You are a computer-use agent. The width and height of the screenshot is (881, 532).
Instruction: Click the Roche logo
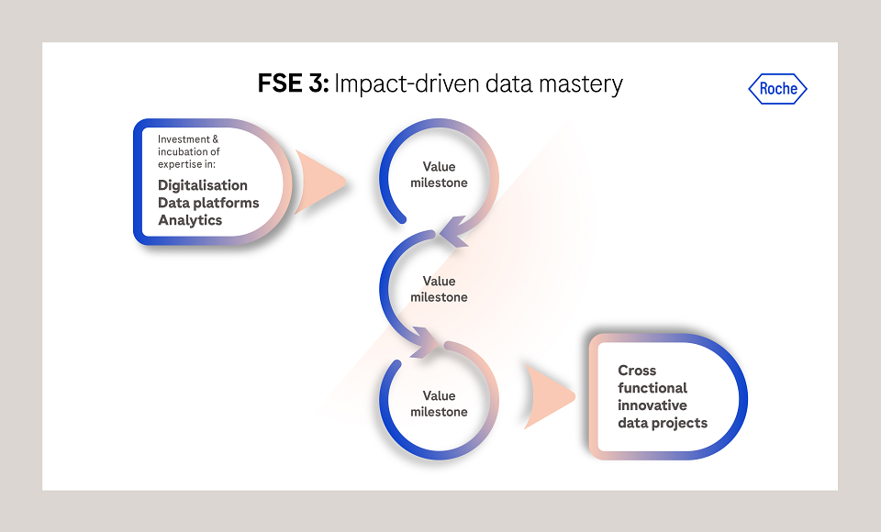[x=777, y=89]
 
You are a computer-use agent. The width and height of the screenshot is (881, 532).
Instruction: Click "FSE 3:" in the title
[x=294, y=83]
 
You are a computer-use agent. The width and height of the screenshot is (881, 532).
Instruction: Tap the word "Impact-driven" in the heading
[x=407, y=84]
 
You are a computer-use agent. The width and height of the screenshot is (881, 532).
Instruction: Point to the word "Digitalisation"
[x=202, y=186]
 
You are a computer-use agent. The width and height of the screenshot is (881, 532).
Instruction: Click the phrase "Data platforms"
[x=208, y=203]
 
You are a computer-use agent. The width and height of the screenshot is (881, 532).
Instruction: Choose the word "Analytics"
[x=190, y=220]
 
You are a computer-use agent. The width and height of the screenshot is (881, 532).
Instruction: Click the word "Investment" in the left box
[x=184, y=139]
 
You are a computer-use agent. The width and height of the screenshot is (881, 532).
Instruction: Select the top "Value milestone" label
[x=439, y=174]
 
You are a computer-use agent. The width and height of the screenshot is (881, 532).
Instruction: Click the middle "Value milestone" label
[x=439, y=289]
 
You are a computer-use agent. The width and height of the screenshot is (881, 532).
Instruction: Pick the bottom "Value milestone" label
[x=439, y=404]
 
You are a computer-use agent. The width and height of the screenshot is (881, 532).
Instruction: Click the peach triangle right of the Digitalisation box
[x=319, y=182]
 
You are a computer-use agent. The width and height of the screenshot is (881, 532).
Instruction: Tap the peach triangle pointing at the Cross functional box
[x=549, y=396]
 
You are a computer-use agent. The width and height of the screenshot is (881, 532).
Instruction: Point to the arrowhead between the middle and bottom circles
[x=425, y=341]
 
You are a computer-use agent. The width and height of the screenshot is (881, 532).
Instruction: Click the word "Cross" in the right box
[x=637, y=371]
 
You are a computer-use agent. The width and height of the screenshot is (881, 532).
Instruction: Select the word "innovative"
[x=652, y=405]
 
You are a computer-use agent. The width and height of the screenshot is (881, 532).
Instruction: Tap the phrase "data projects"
[x=663, y=423]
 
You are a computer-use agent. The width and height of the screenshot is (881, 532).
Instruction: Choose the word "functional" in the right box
[x=652, y=388]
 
